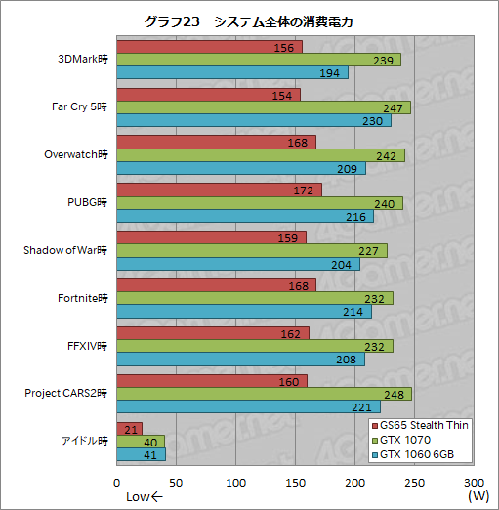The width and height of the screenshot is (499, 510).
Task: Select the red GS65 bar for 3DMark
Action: point(209,47)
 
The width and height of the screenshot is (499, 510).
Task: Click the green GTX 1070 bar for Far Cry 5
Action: point(263,107)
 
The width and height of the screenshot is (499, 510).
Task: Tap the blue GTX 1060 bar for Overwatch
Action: point(241,169)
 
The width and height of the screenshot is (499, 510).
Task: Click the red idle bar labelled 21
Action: point(130,429)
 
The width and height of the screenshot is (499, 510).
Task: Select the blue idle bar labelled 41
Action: point(141,454)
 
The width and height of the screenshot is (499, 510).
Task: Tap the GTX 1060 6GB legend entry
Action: point(414,455)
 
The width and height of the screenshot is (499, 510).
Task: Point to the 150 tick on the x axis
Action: point(295,483)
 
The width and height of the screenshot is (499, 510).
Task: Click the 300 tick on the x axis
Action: point(474,483)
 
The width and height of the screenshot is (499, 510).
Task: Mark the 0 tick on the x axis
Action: point(117,483)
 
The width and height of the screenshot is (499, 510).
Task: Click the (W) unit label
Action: point(478,496)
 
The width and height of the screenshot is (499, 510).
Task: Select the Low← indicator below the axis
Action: point(145,496)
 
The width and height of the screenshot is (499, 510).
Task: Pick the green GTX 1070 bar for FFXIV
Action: point(255,346)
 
